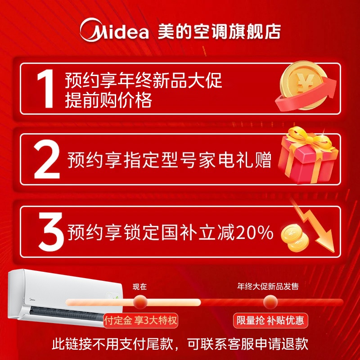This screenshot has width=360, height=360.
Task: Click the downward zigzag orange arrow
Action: click(315, 227)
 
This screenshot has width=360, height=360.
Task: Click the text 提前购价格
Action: click(108, 100)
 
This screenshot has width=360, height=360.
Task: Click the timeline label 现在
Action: click(139, 286)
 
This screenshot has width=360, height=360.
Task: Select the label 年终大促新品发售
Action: click(268, 286)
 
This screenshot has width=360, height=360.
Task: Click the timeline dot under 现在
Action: click(140, 301)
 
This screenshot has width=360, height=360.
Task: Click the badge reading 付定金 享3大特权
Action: click(141, 321)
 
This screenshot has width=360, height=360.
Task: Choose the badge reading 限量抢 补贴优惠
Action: click(271, 321)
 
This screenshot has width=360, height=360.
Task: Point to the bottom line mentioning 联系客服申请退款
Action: click(180, 345)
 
